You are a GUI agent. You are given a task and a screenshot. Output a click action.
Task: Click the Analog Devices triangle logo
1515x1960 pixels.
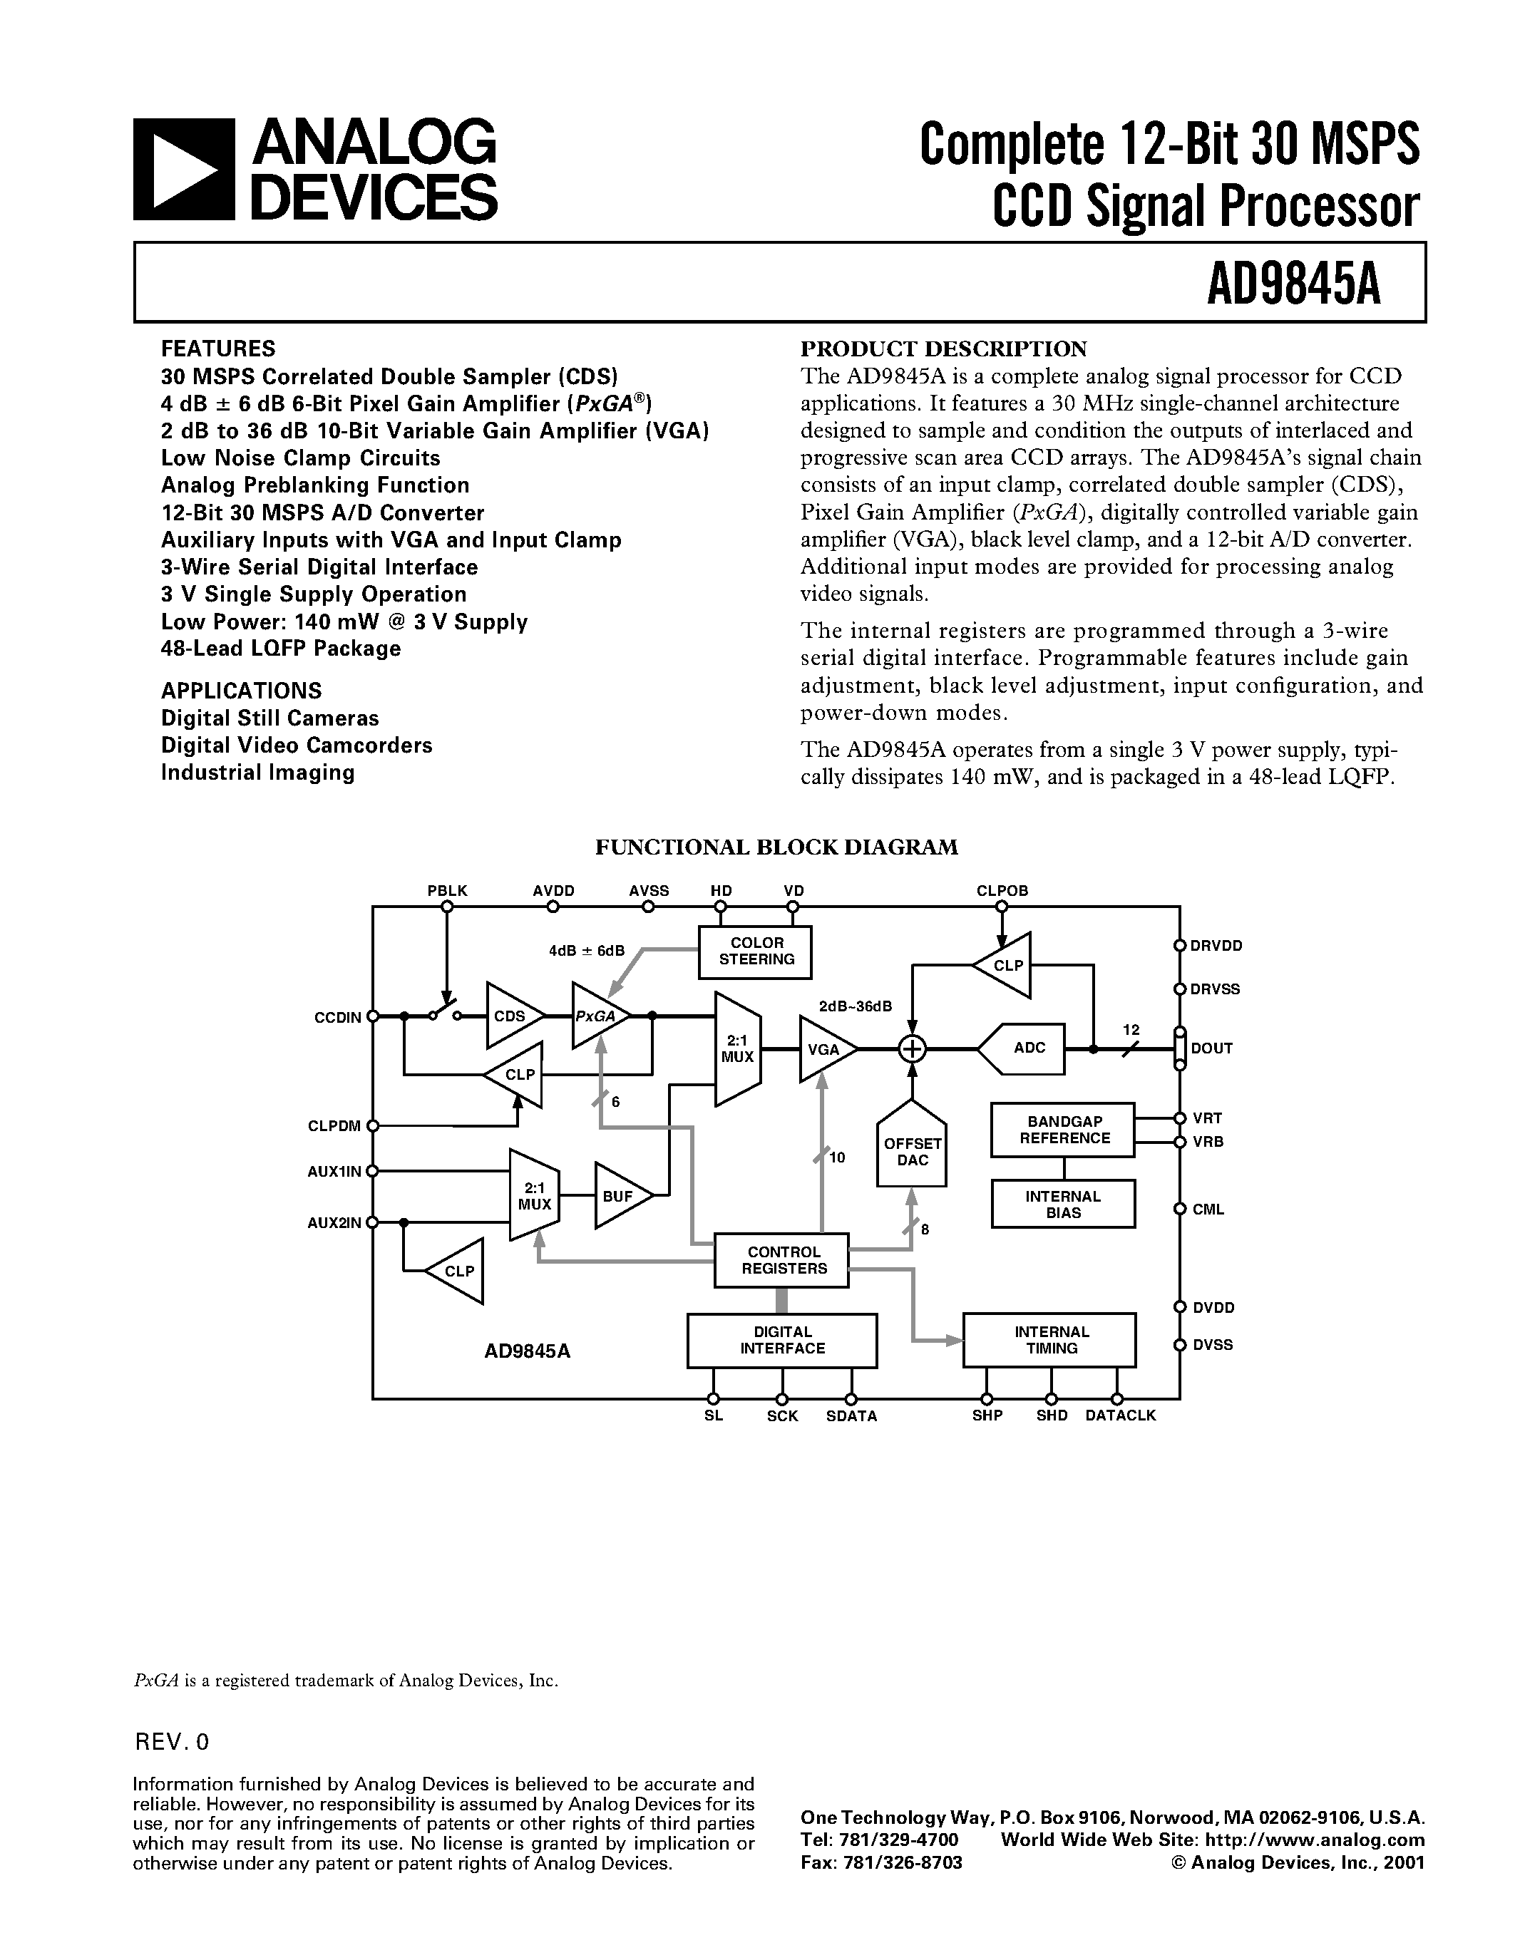click(184, 170)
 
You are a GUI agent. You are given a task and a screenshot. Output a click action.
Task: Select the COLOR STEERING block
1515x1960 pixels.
click(756, 951)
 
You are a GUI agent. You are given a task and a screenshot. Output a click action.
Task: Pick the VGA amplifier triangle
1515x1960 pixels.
click(823, 1048)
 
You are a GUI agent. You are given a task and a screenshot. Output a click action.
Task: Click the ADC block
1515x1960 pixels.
click(1027, 1048)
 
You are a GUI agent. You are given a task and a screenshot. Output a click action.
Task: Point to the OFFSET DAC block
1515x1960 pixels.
click(912, 1151)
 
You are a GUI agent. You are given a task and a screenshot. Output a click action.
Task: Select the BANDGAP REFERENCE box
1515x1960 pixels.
click(1063, 1130)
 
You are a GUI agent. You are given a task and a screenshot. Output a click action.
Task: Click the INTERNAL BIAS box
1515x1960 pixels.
click(1063, 1205)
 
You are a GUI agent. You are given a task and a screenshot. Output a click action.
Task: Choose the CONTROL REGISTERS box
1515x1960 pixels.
click(781, 1260)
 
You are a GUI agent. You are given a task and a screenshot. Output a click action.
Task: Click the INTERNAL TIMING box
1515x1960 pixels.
click(1049, 1341)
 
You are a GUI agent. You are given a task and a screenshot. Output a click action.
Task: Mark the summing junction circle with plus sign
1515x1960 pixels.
click(912, 1048)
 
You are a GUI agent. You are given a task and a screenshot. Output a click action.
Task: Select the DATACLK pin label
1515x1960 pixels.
click(1120, 1416)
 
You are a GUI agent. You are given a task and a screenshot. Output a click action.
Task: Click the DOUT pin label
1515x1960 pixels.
click(1211, 1048)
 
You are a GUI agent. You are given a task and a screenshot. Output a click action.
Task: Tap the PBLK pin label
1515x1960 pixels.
click(447, 891)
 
